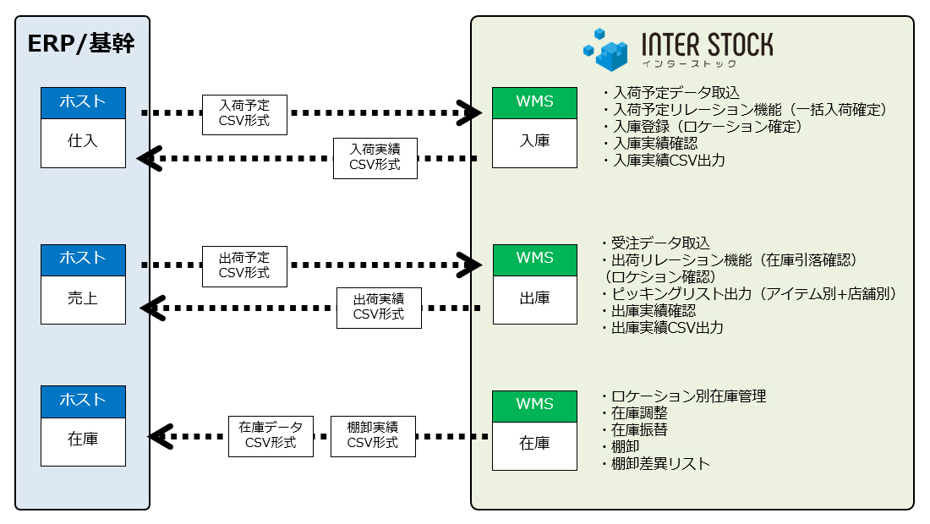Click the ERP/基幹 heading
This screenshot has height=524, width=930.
tap(81, 45)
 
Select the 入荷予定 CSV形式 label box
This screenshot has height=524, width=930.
tap(244, 115)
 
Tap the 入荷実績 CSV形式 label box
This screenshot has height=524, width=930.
tap(375, 157)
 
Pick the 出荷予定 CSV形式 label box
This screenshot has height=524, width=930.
tap(244, 265)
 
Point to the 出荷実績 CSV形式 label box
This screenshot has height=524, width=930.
tap(379, 307)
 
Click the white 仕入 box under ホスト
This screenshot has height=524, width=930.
tap(83, 142)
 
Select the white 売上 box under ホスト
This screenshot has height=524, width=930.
tap(83, 297)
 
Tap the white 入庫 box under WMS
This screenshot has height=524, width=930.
tap(535, 142)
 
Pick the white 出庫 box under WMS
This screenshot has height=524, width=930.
tap(535, 297)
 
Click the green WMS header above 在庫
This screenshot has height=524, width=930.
tap(535, 404)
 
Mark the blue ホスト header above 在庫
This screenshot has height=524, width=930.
tap(83, 401)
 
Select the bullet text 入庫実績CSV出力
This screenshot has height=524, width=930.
tap(668, 160)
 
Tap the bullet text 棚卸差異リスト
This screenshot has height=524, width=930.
tap(660, 464)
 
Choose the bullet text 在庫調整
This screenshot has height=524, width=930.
tap(639, 413)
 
